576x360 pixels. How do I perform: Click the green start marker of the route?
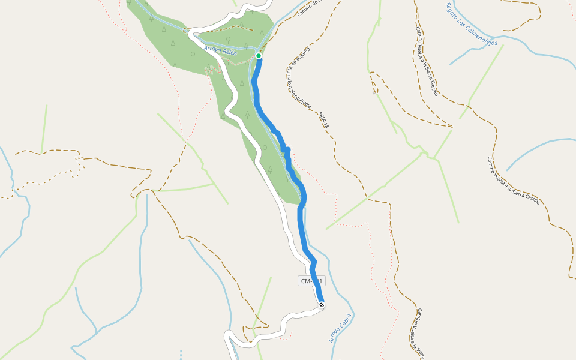[x=259, y=56]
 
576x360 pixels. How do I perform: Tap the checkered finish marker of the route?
[x=322, y=305]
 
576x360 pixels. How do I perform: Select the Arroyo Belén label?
[x=221, y=50]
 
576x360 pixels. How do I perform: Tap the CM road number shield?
[x=311, y=281]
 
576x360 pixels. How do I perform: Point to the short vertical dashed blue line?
[x=181, y=354]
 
